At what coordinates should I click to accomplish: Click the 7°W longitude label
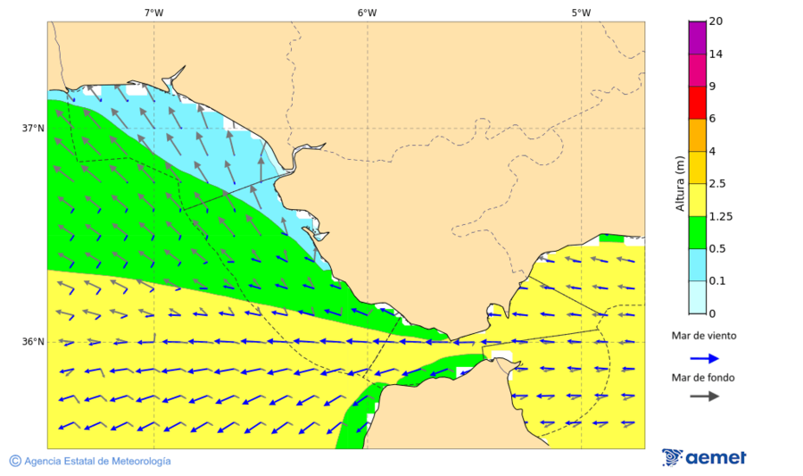coord(153,13)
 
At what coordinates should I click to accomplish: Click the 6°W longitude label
coord(367,13)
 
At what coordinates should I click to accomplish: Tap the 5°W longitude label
coord(581,13)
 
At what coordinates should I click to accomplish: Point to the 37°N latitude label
coord(33,129)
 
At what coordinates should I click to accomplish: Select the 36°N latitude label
coord(33,342)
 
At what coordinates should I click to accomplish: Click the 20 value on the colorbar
coord(716,21)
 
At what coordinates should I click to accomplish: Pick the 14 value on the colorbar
coord(716,54)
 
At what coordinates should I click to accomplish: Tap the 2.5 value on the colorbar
coord(717,184)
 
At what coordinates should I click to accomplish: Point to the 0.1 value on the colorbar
coord(717,281)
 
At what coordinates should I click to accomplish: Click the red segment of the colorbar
coord(697,103)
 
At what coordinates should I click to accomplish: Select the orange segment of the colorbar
coord(697,135)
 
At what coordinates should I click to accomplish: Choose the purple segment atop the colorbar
coord(697,38)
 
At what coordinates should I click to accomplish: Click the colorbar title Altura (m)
coord(680,184)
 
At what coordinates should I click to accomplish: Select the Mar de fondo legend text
coord(704,377)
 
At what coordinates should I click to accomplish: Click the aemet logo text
coord(716,457)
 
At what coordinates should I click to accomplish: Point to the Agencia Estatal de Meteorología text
coord(97,461)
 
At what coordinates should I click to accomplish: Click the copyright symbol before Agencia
coord(15,461)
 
